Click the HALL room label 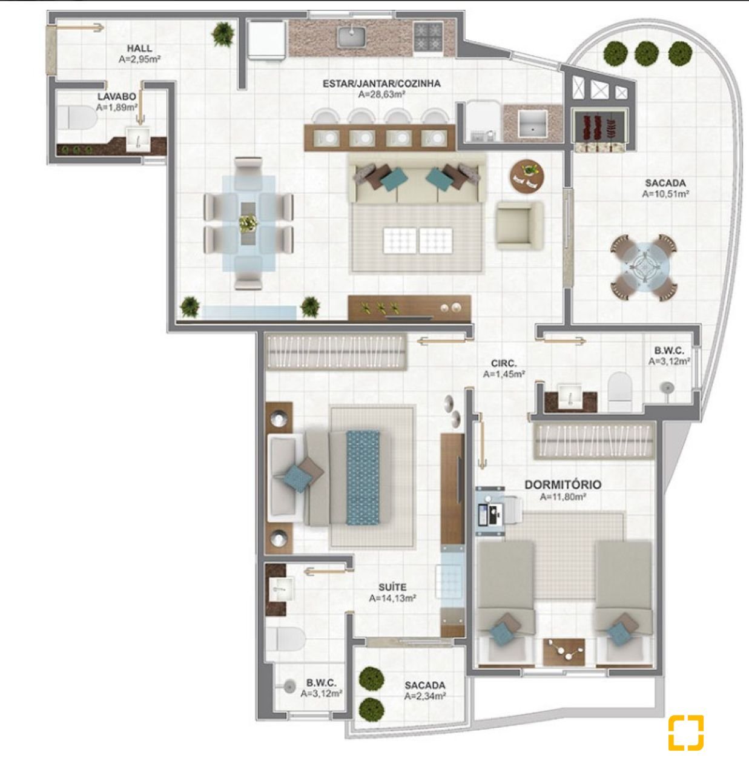(139, 48)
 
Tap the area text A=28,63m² (381, 94)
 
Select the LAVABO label (117, 96)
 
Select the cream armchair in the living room (520, 225)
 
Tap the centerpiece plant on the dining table (248, 223)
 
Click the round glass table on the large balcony (644, 268)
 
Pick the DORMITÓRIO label (563, 484)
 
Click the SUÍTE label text (392, 587)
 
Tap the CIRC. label (504, 364)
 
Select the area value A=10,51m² (665, 194)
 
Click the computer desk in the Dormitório (490, 511)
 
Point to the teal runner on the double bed (362, 478)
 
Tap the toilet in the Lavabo (77, 118)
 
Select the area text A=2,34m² (425, 696)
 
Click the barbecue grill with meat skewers (599, 127)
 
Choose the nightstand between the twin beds (564, 652)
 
